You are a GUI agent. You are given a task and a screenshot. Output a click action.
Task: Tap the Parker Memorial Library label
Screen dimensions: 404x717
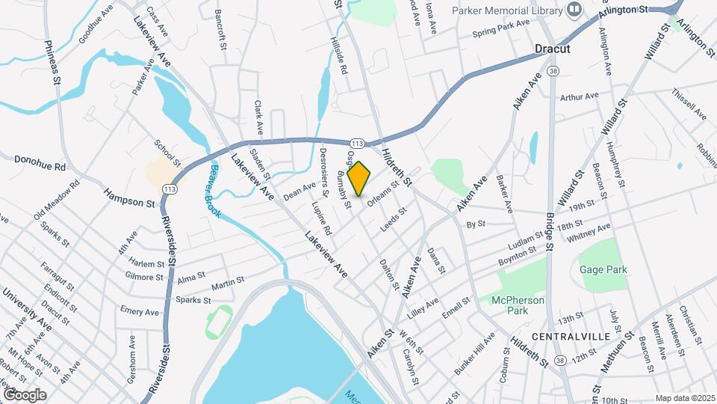(506, 10)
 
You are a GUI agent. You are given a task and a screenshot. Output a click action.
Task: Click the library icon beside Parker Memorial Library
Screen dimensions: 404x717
(574, 10)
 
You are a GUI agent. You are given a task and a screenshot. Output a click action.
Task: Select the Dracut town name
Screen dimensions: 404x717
(553, 49)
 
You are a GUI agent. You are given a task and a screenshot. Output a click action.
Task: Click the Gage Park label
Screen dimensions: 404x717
(603, 269)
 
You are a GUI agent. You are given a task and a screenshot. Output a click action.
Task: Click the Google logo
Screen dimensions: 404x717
(25, 394)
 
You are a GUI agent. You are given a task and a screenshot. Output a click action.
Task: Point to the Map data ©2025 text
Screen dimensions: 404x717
(684, 398)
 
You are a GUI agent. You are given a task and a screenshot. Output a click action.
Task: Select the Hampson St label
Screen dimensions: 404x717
(129, 198)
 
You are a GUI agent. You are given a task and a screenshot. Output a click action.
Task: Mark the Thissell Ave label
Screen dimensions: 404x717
(688, 104)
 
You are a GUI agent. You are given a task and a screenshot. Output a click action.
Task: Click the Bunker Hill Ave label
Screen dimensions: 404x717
(475, 352)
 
